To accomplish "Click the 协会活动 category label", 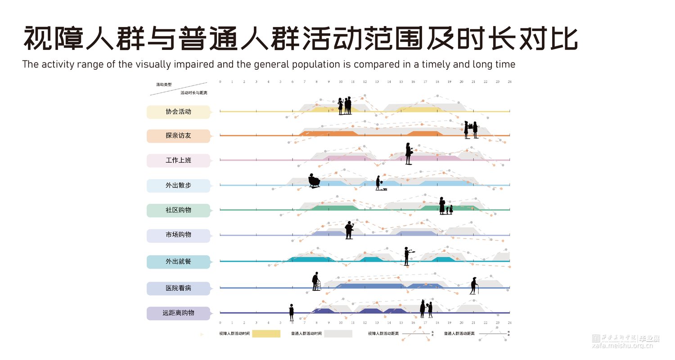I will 178,112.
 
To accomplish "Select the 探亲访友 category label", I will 178,135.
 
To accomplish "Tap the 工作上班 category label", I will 178,160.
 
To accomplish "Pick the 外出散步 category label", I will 178,185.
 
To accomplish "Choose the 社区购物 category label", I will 178,210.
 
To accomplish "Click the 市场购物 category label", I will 178,235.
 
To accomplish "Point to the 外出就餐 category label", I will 178,261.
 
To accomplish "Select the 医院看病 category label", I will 178,288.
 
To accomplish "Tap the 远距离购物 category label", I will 178,313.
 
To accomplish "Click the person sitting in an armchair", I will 314,181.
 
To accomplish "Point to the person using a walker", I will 316,282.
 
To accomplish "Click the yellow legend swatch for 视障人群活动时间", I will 266,334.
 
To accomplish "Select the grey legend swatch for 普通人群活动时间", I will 338,334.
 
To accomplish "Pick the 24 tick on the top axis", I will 509,82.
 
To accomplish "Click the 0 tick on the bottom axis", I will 220,323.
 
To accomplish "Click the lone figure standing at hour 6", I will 292,311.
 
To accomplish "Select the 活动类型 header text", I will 164,85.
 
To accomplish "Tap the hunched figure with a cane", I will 474,286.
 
